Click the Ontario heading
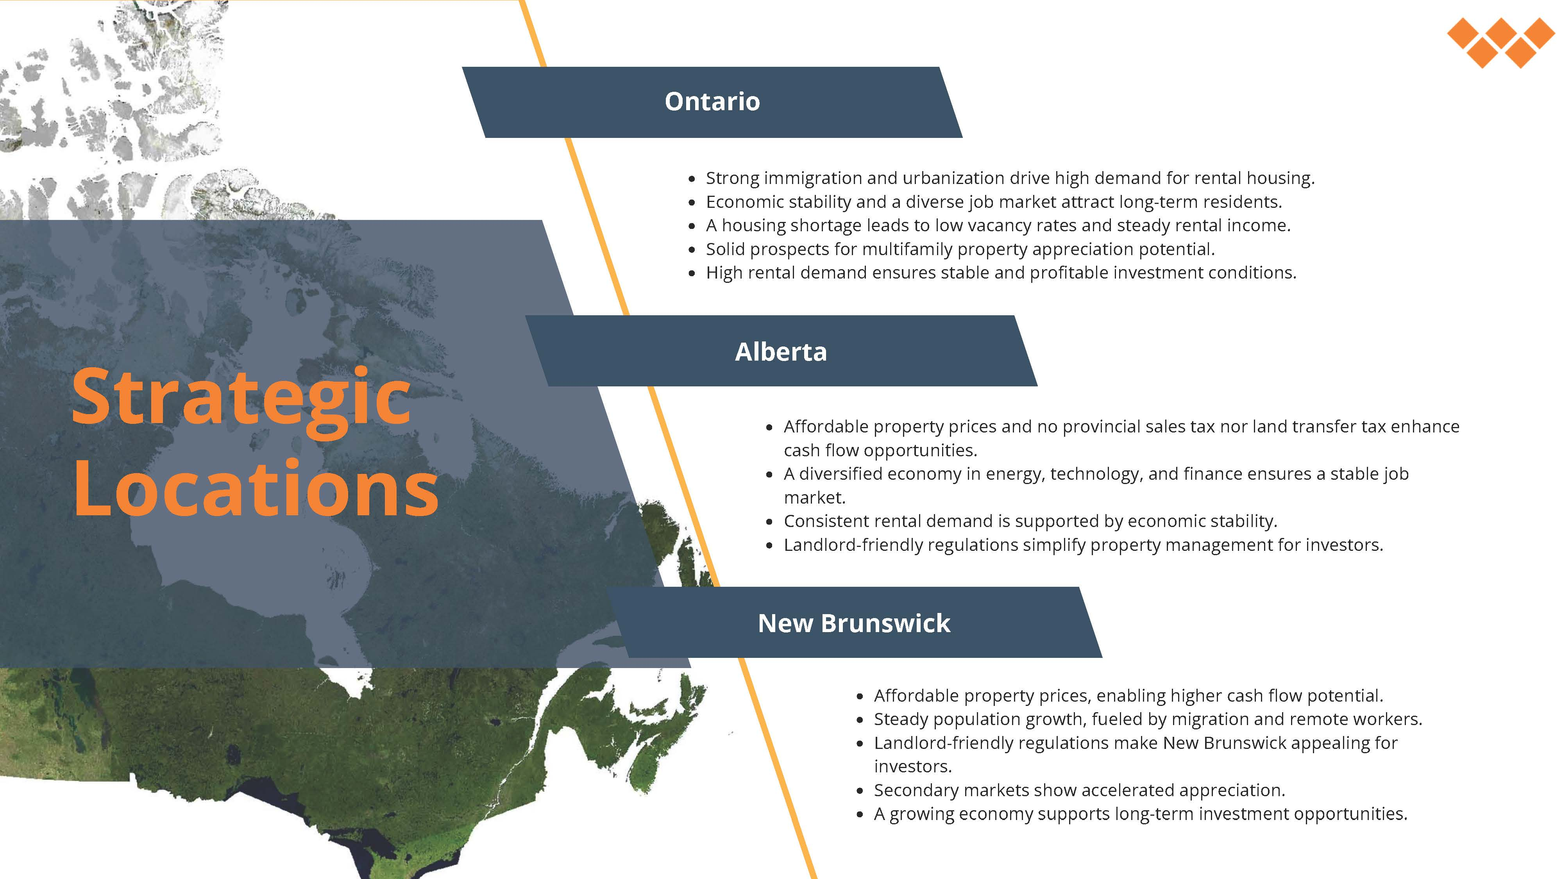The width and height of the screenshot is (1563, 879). click(712, 101)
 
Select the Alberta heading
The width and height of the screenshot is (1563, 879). click(781, 352)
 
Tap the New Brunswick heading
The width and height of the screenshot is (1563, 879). click(854, 623)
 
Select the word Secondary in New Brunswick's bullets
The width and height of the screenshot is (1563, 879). click(916, 790)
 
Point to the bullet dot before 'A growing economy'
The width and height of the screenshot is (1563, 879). click(860, 815)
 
